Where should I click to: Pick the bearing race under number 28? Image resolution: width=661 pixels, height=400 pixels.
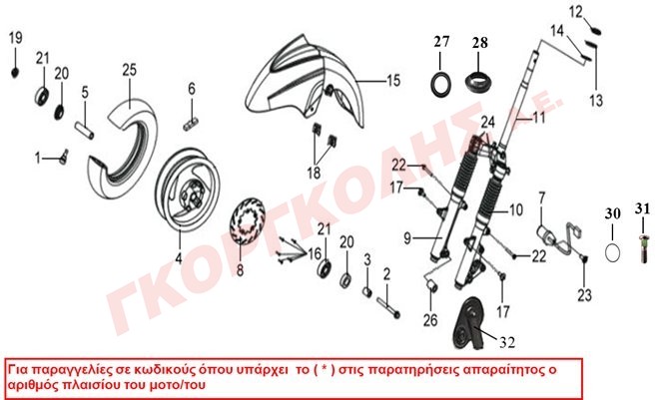478,79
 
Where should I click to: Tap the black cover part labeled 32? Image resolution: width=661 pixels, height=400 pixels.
468,323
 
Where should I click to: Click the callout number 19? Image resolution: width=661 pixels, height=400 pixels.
16,38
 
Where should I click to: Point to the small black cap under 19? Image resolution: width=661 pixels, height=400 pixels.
15,73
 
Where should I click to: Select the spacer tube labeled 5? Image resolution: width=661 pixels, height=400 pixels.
84,130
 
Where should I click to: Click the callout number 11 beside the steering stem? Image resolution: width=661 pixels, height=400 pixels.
539,117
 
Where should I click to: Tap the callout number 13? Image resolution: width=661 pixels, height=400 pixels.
596,100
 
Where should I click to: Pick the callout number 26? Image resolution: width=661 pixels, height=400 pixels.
430,320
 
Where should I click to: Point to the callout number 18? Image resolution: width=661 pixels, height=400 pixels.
314,173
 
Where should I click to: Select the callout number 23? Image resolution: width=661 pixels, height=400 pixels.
585,294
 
